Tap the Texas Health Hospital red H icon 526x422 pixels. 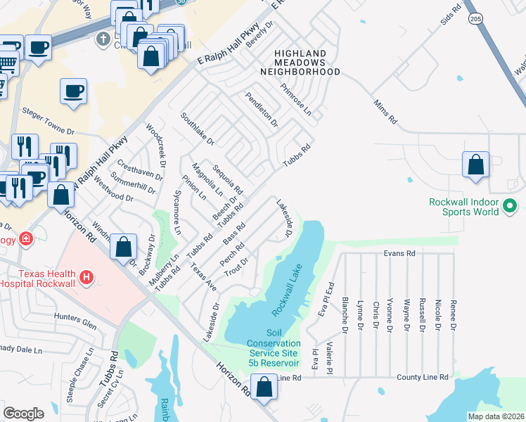(86, 278)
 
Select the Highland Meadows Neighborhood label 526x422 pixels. (300, 63)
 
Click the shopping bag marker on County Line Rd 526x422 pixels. (264, 388)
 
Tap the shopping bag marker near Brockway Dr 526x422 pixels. (123, 246)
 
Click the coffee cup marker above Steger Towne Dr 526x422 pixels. (73, 91)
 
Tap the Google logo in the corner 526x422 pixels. (23, 413)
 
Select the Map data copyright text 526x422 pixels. (496, 416)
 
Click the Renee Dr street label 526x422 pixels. (454, 315)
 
